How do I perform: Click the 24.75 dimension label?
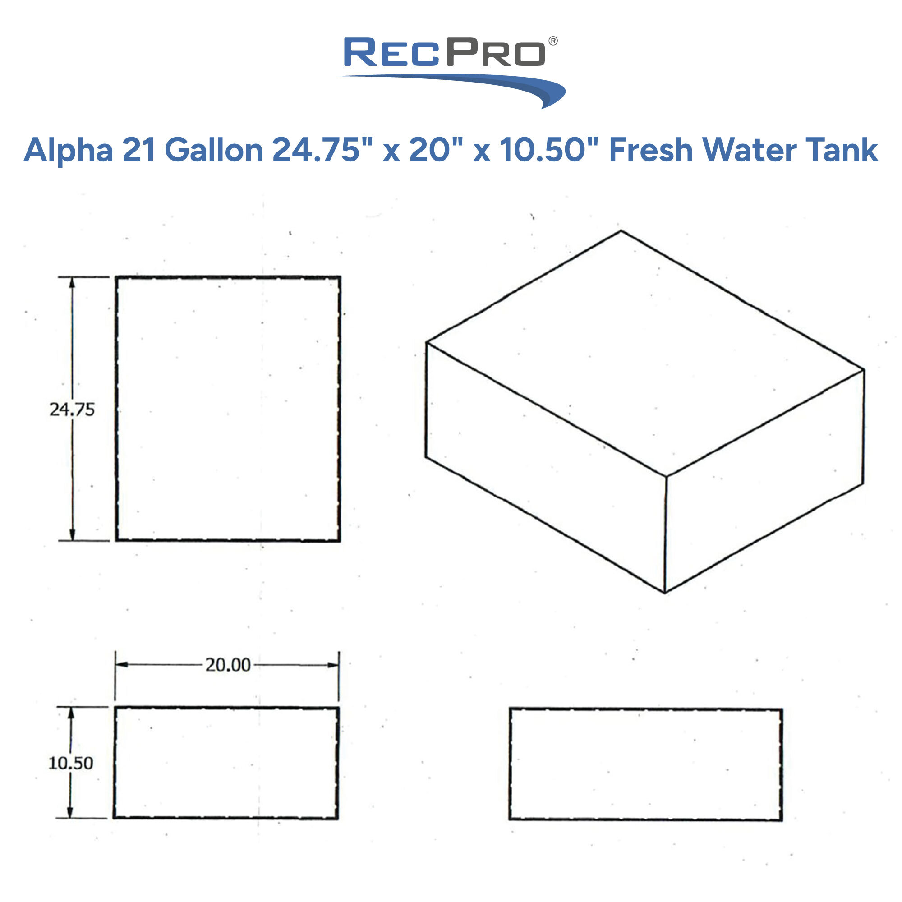click(72, 410)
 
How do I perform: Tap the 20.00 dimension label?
click(228, 665)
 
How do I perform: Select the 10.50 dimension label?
click(71, 763)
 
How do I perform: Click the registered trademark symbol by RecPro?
click(553, 41)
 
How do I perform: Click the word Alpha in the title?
click(68, 150)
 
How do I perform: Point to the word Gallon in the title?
click(214, 150)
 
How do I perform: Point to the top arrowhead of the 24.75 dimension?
click(72, 282)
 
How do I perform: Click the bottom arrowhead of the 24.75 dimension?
click(72, 535)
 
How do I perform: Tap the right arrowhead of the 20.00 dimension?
click(333, 665)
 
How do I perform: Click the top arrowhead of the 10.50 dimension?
click(71, 713)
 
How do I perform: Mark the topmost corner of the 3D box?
click(621, 230)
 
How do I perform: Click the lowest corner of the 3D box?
click(665, 593)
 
